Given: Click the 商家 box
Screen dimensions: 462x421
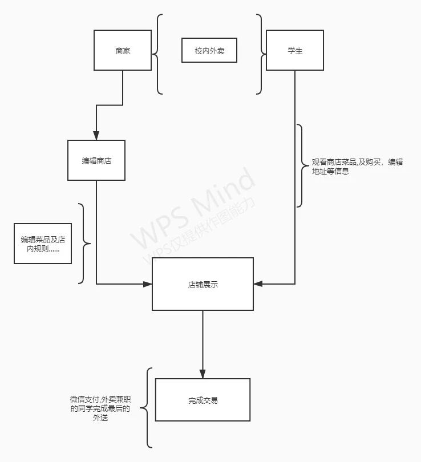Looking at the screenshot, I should click(x=123, y=50).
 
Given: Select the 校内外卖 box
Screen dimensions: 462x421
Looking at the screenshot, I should click(x=209, y=51).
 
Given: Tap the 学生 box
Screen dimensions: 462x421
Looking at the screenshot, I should click(x=295, y=50).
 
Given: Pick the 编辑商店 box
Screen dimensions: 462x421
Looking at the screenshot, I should click(x=96, y=160).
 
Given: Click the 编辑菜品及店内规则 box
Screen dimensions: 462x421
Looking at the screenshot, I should click(x=43, y=244).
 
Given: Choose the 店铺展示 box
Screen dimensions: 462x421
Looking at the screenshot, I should click(x=203, y=284).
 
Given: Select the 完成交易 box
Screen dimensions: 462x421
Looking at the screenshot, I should click(x=203, y=400).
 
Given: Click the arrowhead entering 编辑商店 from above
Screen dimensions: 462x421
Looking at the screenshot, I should click(x=96, y=136).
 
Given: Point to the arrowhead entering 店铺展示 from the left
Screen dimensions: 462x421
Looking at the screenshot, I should click(x=147, y=283).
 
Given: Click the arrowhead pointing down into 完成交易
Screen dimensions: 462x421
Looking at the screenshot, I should click(x=203, y=374).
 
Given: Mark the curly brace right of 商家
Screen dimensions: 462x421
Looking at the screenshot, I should click(x=157, y=54).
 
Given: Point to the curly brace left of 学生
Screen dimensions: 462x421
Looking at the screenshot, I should click(x=261, y=54).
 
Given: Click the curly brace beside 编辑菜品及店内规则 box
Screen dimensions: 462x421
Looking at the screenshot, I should click(x=84, y=244).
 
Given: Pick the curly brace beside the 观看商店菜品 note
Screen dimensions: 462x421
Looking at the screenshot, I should click(x=301, y=166).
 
